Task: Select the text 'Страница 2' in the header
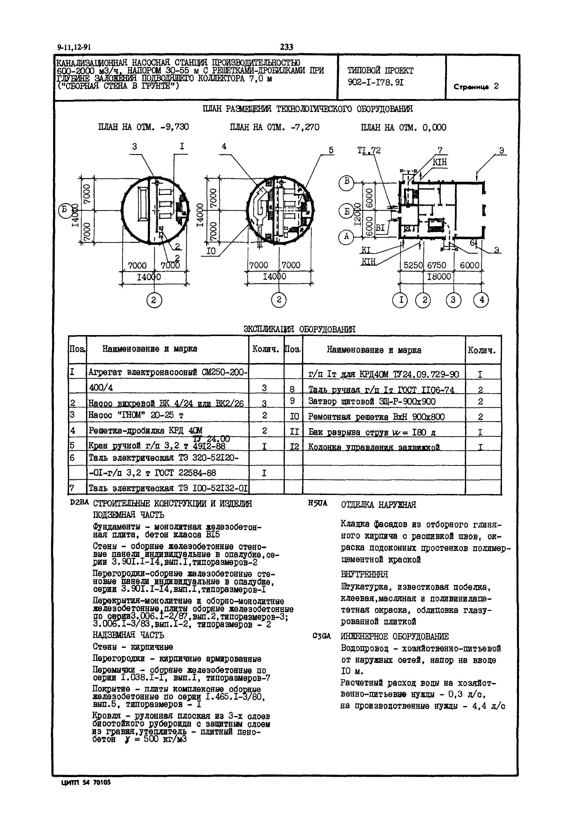click(476, 87)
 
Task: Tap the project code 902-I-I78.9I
click(375, 82)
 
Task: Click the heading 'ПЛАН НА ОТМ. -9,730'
click(143, 127)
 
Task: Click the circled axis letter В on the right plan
click(346, 181)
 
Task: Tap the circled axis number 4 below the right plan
click(481, 300)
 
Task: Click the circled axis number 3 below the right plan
click(453, 300)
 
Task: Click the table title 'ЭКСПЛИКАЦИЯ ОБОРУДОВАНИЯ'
click(300, 329)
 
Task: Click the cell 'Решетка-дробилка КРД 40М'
click(145, 430)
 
